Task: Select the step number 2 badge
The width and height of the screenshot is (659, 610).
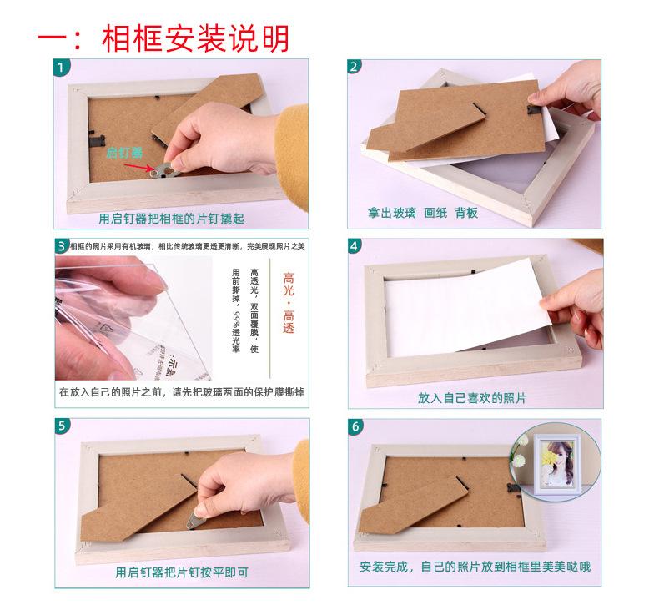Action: pyautogui.click(x=355, y=67)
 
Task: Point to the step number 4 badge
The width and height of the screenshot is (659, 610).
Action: pyautogui.click(x=355, y=246)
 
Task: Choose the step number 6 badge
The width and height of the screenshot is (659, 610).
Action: pyautogui.click(x=355, y=426)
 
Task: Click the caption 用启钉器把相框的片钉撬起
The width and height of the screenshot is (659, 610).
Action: pyautogui.click(x=171, y=219)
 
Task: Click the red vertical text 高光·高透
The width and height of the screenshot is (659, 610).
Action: pyautogui.click(x=289, y=302)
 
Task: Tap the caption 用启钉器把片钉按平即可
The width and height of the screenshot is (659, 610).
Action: pyautogui.click(x=182, y=572)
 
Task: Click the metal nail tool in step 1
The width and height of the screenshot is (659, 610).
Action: pyautogui.click(x=160, y=170)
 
